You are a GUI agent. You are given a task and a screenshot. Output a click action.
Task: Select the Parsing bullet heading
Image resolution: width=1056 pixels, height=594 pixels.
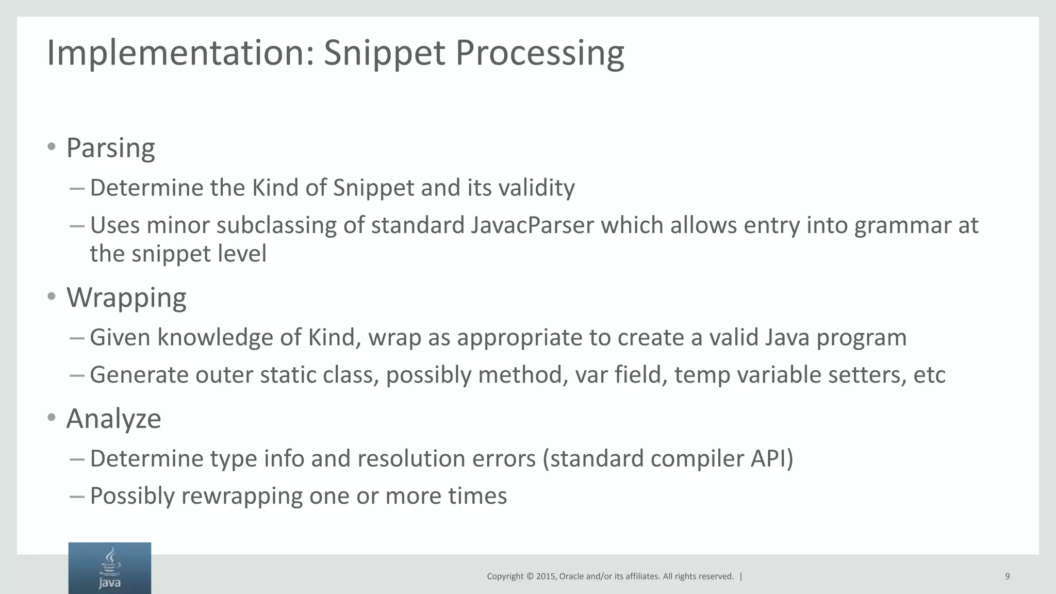pyautogui.click(x=110, y=148)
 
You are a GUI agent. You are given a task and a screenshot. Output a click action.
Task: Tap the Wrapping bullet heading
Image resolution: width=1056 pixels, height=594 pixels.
pyautogui.click(x=126, y=298)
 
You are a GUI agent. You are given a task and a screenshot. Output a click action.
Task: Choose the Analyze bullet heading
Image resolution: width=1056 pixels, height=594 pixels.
pyautogui.click(x=113, y=418)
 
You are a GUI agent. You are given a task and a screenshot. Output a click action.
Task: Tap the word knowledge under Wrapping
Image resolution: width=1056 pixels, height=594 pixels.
pyautogui.click(x=215, y=338)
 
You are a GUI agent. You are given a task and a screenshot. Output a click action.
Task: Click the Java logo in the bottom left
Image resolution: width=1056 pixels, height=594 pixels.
pyautogui.click(x=110, y=568)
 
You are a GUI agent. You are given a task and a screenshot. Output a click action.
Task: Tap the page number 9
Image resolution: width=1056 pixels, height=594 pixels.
pyautogui.click(x=1007, y=576)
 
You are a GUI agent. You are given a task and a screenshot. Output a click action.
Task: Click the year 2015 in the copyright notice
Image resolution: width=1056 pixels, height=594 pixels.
pyautogui.click(x=546, y=576)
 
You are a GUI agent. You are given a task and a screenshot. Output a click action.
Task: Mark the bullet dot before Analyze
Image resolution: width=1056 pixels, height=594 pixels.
pyautogui.click(x=51, y=417)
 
